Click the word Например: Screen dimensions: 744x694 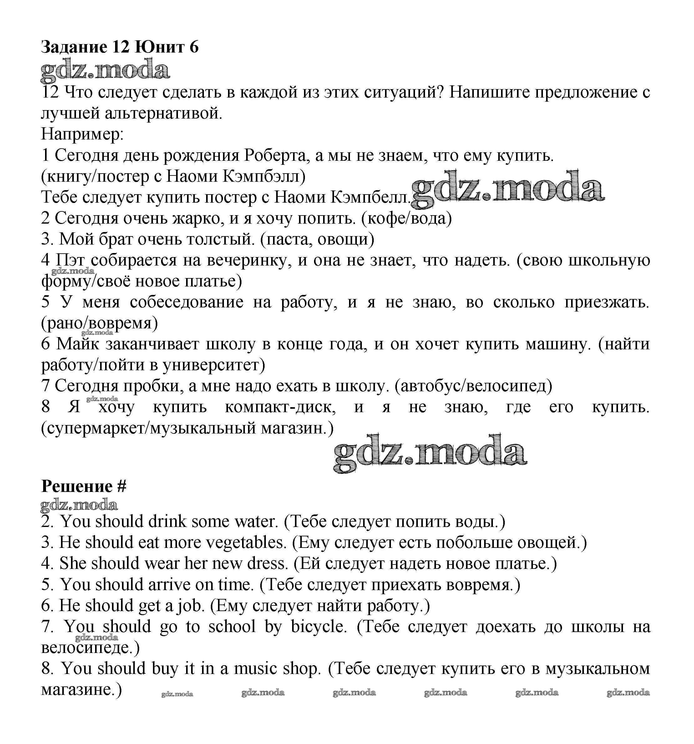(x=82, y=134)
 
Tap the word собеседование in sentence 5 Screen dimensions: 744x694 (x=187, y=302)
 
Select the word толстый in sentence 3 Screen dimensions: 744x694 (x=220, y=239)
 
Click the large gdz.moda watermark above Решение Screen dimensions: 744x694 (x=430, y=454)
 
